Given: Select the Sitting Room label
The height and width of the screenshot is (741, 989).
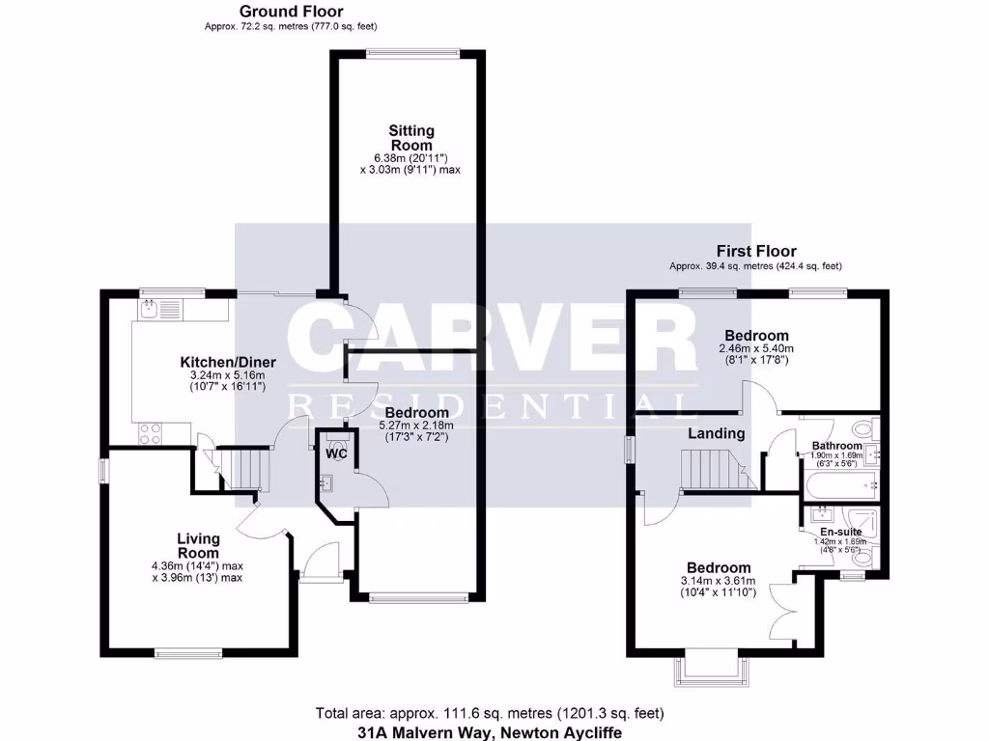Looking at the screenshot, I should point(411,137).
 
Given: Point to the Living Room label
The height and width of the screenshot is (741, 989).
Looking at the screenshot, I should point(198,545).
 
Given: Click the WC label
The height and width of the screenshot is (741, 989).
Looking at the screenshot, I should point(336,453).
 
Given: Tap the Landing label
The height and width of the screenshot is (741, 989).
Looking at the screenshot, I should point(716,433).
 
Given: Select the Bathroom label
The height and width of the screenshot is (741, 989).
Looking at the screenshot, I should point(837,446).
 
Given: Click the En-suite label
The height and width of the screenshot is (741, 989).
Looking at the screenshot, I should point(840,531).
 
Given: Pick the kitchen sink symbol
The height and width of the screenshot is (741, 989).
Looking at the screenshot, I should point(151,310).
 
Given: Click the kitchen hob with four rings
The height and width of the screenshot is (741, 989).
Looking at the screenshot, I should point(150,433).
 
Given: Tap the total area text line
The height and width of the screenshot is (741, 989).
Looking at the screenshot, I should point(490,713).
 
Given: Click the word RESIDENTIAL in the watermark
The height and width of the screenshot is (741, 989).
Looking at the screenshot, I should point(493,405).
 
